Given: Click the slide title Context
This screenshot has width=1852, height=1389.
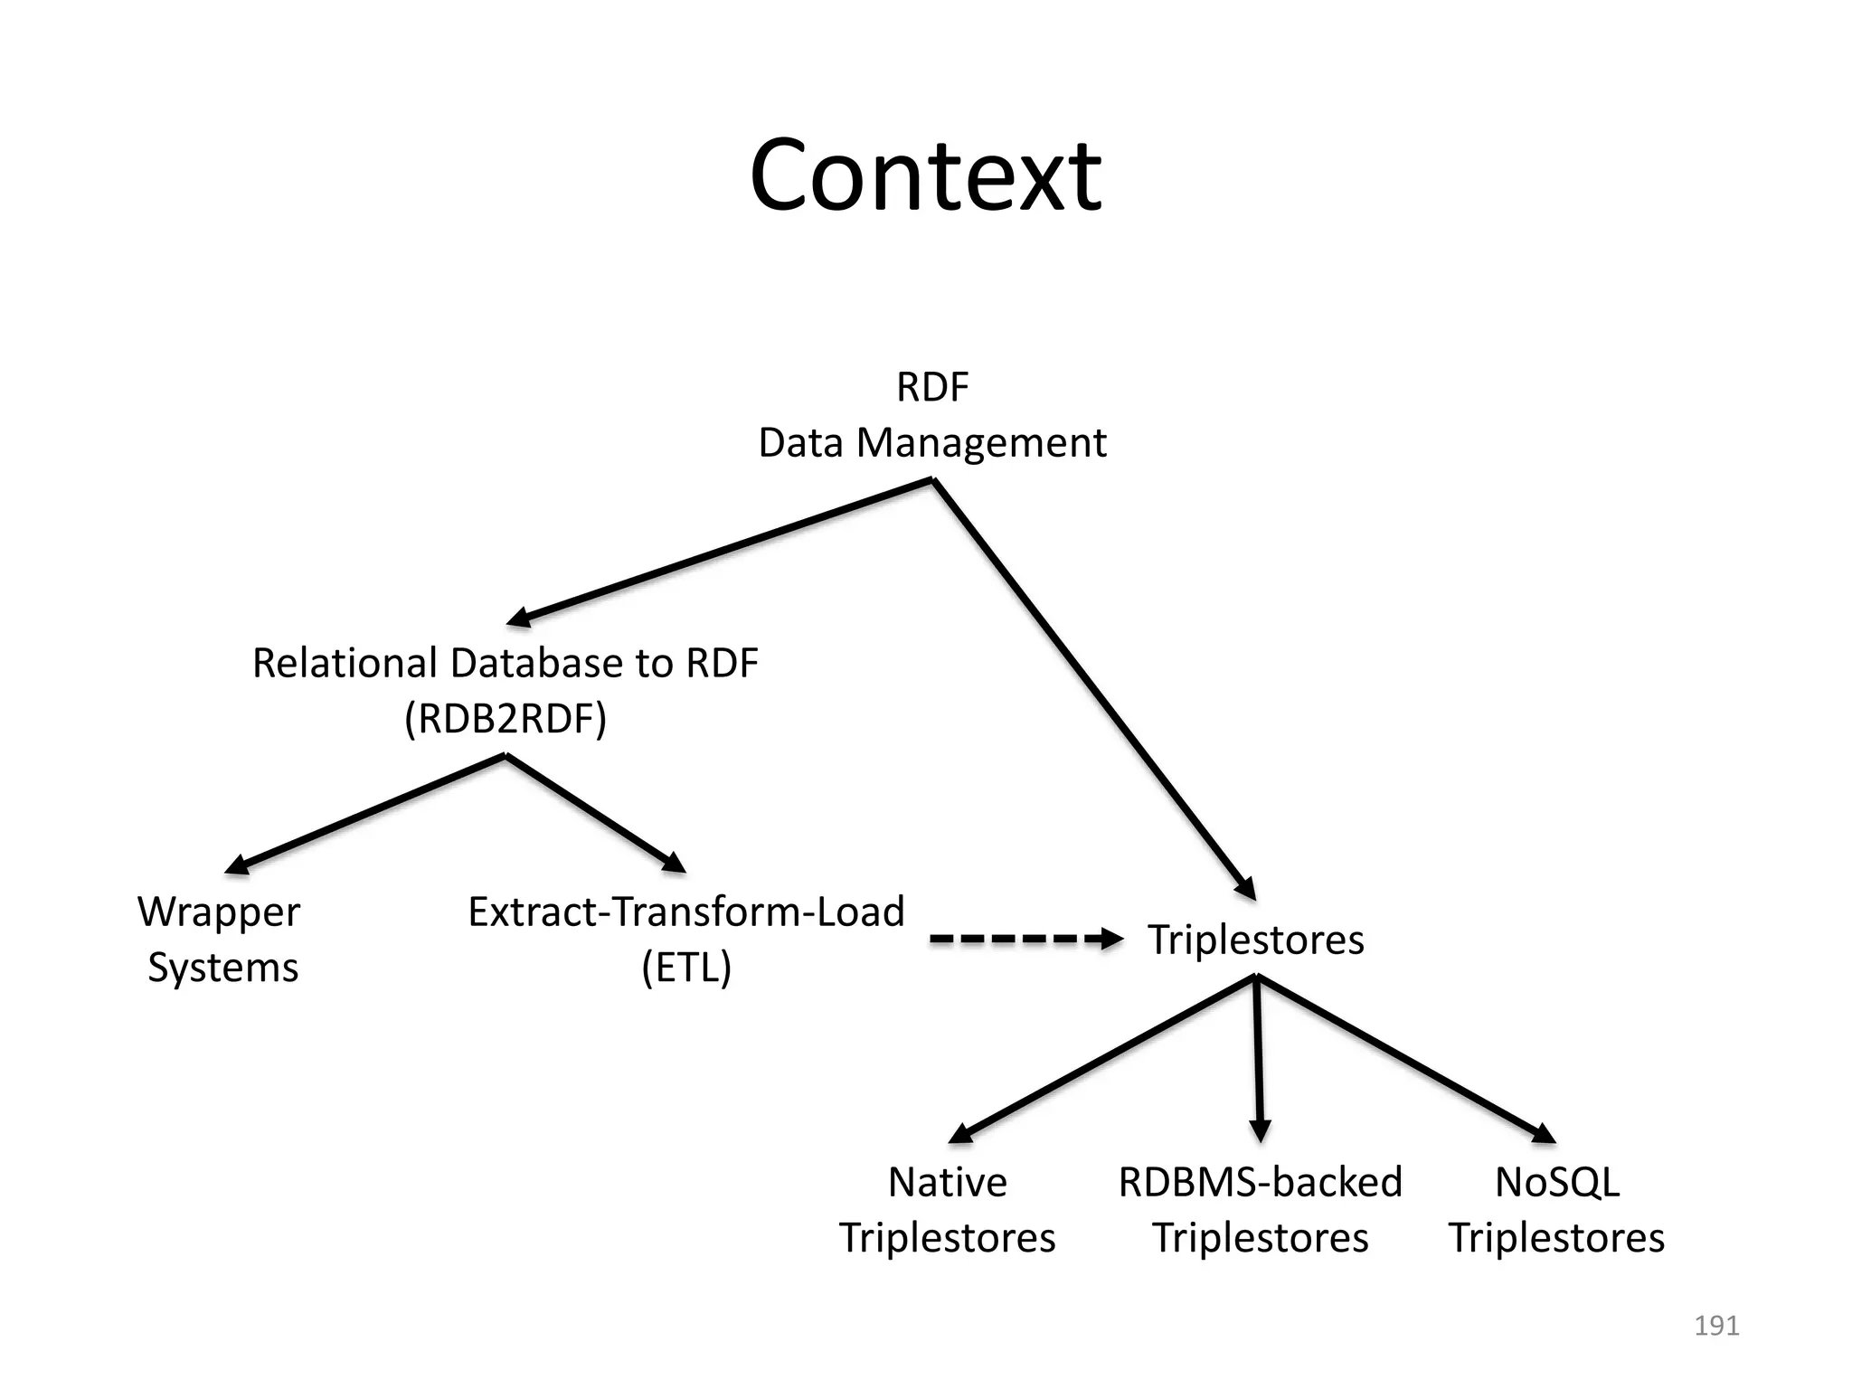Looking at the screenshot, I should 925,175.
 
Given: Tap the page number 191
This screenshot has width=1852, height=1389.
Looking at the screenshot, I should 1715,1326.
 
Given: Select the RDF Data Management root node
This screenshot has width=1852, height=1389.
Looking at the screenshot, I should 932,415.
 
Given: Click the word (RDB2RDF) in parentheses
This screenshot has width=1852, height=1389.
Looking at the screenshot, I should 506,719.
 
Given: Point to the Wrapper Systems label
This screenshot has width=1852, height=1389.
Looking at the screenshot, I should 221,939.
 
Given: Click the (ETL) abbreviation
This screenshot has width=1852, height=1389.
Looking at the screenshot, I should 686,968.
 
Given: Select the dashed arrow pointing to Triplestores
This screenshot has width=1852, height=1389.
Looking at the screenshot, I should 1025,940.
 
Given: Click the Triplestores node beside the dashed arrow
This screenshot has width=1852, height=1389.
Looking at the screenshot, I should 1255,940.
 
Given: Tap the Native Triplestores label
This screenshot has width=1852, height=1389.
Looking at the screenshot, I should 947,1209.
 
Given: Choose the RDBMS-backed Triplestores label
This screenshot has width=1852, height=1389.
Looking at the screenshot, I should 1260,1209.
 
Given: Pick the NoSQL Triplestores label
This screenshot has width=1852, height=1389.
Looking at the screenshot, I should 1556,1209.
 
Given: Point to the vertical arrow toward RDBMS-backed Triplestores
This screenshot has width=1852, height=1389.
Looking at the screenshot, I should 1258,1058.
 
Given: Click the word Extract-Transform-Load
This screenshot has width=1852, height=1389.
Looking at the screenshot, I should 685,912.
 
